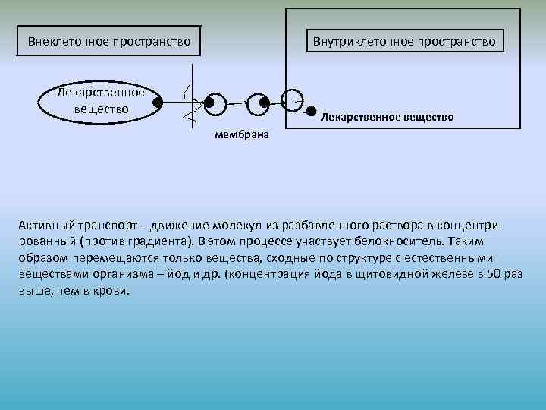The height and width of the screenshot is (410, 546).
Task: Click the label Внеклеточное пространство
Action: coord(109,40)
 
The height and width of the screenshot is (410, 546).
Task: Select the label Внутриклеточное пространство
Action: coord(404,40)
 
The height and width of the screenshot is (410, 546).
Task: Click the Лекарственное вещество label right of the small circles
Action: coord(388,117)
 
